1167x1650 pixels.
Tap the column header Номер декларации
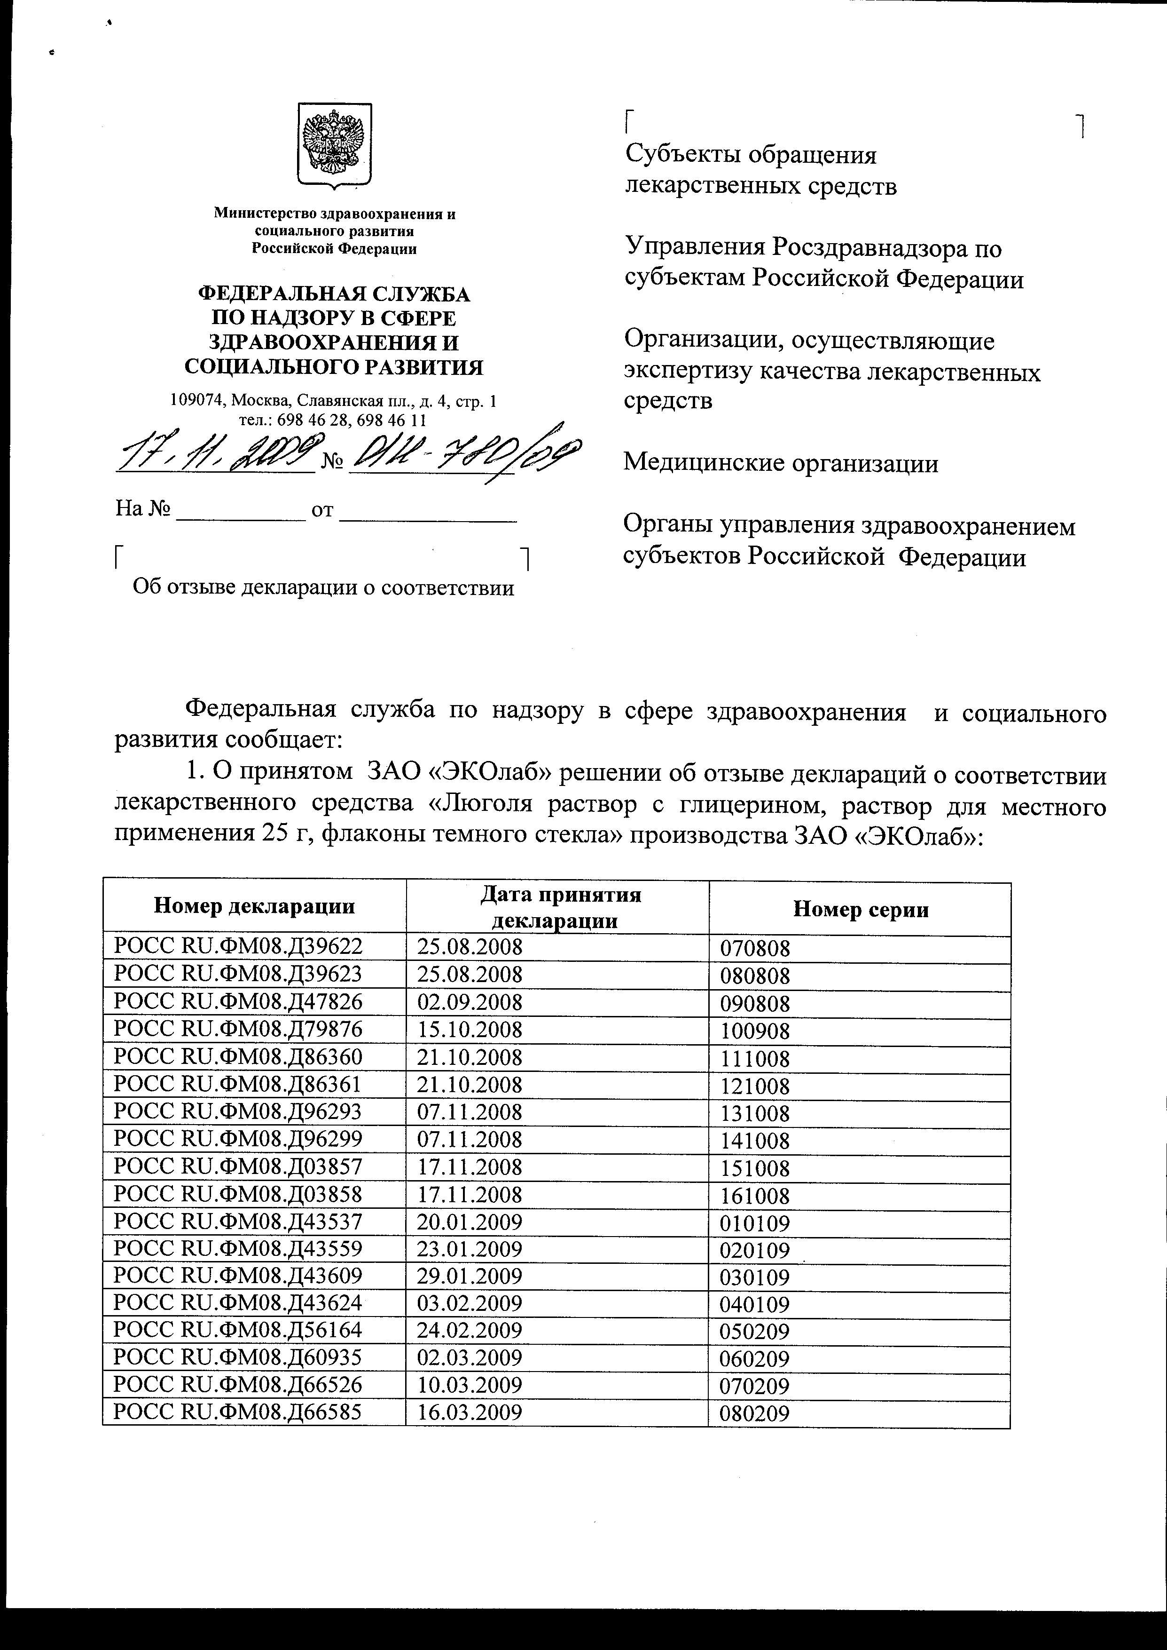pyautogui.click(x=254, y=906)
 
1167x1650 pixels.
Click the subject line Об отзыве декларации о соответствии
pyautogui.click(x=323, y=588)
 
